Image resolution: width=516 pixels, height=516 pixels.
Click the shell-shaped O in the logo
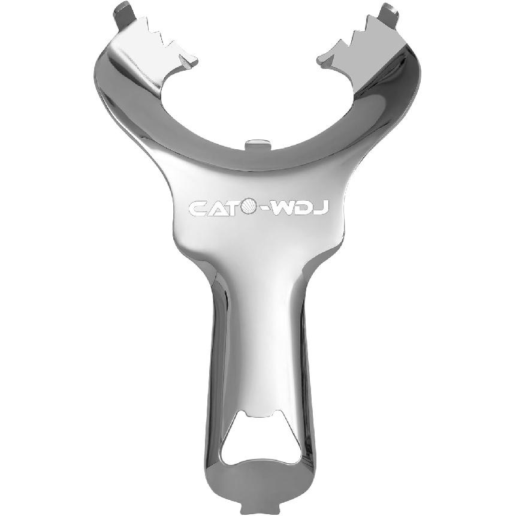point(248,207)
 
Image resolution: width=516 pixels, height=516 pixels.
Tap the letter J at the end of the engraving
point(321,208)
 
